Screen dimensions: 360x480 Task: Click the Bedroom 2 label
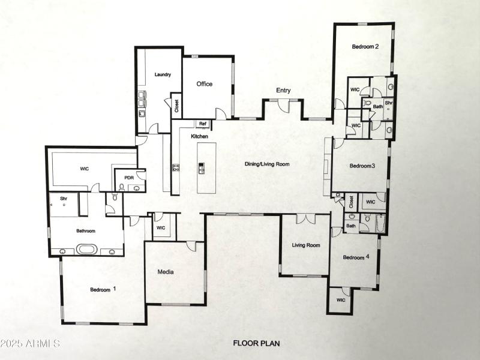[x=365, y=46]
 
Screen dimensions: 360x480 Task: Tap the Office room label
[x=205, y=84]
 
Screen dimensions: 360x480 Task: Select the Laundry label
[x=163, y=75]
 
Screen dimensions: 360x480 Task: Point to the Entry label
[x=283, y=91]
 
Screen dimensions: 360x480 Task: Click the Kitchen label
[x=200, y=137]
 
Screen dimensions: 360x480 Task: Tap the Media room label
[x=166, y=272]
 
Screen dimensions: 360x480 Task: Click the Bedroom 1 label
[x=103, y=289]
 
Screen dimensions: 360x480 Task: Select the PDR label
[x=128, y=178]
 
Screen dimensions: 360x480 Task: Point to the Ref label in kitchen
[x=203, y=124]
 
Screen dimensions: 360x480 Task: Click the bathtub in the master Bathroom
[x=88, y=249]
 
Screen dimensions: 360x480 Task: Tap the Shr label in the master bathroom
[x=63, y=199]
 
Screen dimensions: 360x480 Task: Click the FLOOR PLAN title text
[x=256, y=344]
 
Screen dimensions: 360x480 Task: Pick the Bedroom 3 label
[x=362, y=166]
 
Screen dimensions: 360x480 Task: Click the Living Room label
[x=306, y=245]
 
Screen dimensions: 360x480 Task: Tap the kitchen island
[x=202, y=167]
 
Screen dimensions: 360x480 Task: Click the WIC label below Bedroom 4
[x=341, y=300]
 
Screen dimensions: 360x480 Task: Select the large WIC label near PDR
[x=84, y=169]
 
